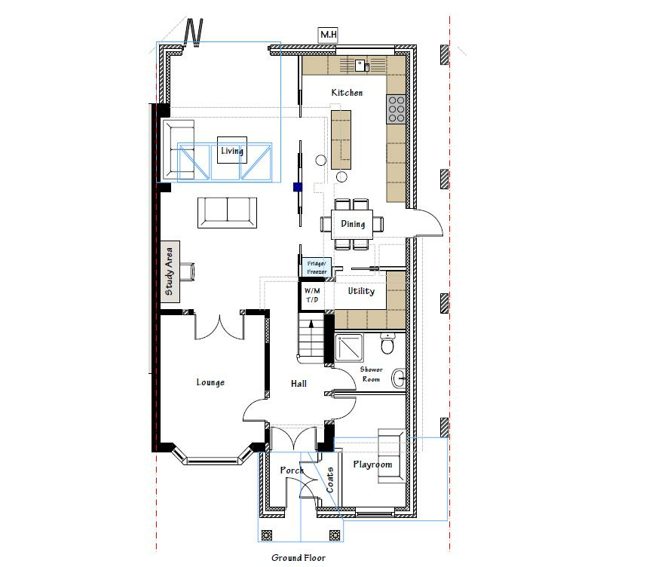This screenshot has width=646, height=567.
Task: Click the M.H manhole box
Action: tap(329, 34)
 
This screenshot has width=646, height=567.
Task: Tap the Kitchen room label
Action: tap(347, 93)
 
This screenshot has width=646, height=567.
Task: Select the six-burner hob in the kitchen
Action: tap(396, 109)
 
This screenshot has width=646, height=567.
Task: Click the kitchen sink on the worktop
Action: tap(362, 66)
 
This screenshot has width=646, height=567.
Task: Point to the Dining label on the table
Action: tap(353, 224)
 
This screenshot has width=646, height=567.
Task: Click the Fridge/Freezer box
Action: tap(317, 267)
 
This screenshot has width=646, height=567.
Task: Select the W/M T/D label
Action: tap(312, 295)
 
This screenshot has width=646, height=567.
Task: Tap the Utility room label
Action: tap(361, 291)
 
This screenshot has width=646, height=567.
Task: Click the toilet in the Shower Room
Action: tap(387, 343)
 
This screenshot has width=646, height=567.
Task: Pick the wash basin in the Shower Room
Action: tap(398, 379)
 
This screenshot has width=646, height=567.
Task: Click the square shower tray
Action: tap(349, 348)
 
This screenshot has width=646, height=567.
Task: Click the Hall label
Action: tap(299, 384)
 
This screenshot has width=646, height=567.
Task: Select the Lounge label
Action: tap(210, 382)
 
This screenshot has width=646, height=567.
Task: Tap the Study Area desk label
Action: tap(169, 271)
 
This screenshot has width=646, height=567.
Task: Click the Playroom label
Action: tap(372, 464)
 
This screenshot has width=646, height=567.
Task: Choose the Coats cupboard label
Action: tap(330, 480)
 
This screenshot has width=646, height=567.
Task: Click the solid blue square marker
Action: tap(298, 187)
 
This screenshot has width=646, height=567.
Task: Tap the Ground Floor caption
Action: tap(299, 558)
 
